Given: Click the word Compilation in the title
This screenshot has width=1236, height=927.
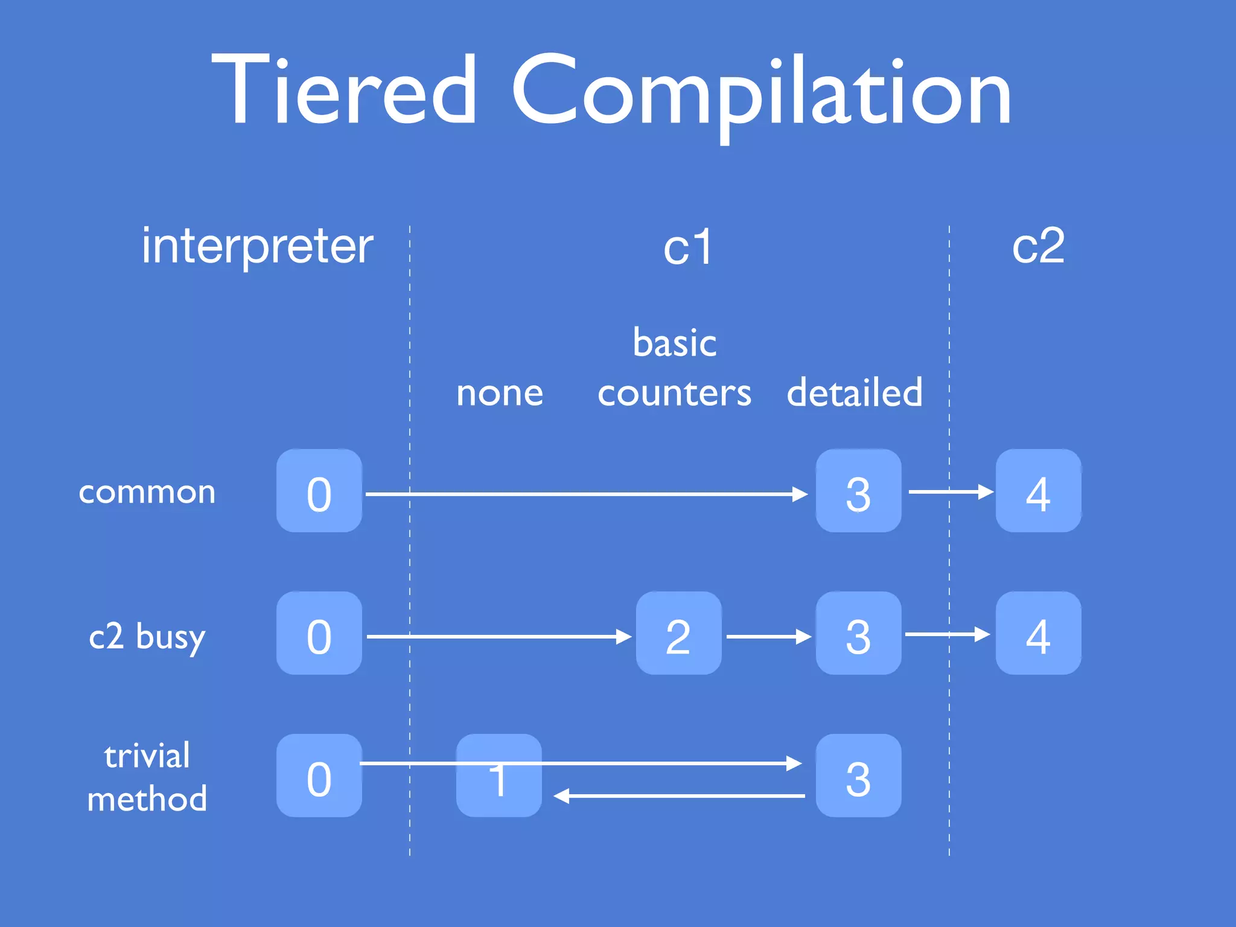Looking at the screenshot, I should pyautogui.click(x=762, y=91).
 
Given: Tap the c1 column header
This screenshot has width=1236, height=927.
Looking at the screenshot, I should pyautogui.click(x=687, y=247).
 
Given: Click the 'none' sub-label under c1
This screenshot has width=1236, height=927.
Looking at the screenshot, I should pyautogui.click(x=500, y=393).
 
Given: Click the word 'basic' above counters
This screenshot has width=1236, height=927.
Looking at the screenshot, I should pyautogui.click(x=675, y=342).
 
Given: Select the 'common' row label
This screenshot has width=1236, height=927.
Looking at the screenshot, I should pyautogui.click(x=147, y=492).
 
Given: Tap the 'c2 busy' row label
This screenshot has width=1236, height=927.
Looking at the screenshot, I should pyautogui.click(x=147, y=636).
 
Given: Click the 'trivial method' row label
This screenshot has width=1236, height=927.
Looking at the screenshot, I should pyautogui.click(x=147, y=777).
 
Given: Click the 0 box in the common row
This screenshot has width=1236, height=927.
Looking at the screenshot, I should pyautogui.click(x=319, y=491).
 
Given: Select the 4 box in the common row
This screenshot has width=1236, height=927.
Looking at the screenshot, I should pyautogui.click(x=1038, y=491).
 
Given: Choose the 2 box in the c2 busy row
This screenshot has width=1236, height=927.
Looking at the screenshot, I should pyautogui.click(x=678, y=633).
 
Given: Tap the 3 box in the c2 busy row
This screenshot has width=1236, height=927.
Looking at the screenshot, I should pyautogui.click(x=858, y=633).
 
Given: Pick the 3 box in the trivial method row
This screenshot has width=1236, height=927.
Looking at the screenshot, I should pyautogui.click(x=858, y=776).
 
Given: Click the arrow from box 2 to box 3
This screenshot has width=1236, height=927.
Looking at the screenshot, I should pyautogui.click(x=768, y=637).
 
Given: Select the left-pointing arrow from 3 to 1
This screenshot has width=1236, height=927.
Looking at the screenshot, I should pyautogui.click(x=679, y=797).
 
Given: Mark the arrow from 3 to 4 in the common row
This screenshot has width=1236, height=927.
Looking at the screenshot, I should pyautogui.click(x=951, y=492).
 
